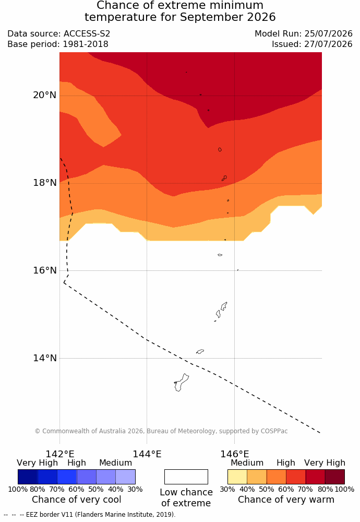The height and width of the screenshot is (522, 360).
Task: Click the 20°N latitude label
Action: tap(44, 95)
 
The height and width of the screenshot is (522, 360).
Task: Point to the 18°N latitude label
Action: tap(44, 183)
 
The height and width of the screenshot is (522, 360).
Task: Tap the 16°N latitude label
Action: tap(44, 270)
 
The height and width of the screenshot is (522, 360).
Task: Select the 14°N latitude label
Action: tap(44, 358)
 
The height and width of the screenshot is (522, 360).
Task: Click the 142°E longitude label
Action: tap(60, 454)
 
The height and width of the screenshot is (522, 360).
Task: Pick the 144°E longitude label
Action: tap(147, 454)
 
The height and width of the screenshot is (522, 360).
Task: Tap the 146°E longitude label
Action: tap(235, 454)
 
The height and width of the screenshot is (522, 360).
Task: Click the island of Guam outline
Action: tap(182, 383)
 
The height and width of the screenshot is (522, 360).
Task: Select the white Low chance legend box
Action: tap(186, 477)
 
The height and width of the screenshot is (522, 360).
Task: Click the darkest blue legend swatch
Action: tap(28, 477)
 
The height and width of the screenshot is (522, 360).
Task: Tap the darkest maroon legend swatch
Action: tap(335, 477)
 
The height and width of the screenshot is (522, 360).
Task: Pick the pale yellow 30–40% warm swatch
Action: tap(237, 477)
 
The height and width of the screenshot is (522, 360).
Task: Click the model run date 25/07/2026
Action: tap(328, 33)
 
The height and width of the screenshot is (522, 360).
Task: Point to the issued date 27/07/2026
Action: tap(328, 44)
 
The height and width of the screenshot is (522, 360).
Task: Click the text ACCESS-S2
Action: tap(87, 33)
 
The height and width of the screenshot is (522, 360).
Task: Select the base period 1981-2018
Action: tap(85, 44)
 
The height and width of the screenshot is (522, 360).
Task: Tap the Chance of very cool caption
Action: tap(77, 500)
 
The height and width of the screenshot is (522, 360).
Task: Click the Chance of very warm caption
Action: tap(286, 500)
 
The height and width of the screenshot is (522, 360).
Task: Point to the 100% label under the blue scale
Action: tap(18, 489)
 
